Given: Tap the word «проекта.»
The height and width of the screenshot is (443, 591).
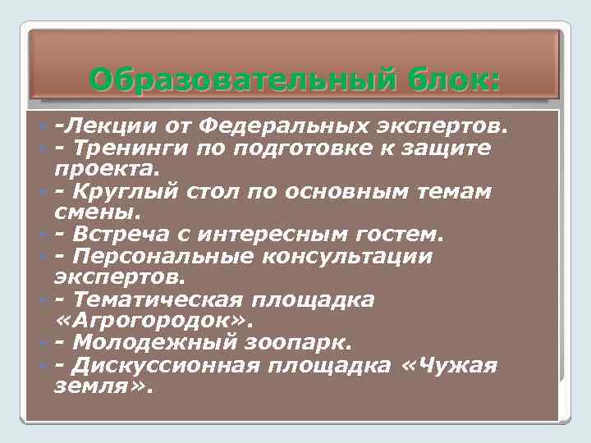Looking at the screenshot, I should pyautogui.click(x=103, y=169).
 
